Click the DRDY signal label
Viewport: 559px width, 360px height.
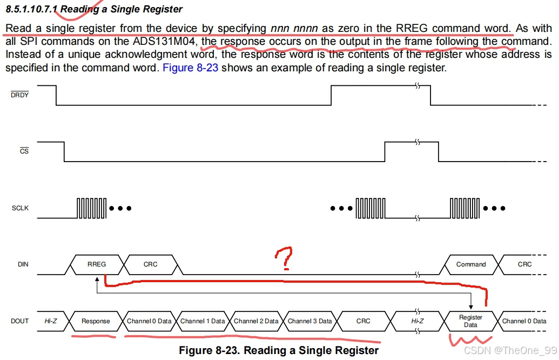(20, 95)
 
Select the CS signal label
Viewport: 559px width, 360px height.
(24, 151)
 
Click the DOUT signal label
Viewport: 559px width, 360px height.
(20, 321)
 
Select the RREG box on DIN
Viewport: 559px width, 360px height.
(97, 264)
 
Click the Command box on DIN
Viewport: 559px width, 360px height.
(471, 264)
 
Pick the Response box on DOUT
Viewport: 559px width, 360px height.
(96, 321)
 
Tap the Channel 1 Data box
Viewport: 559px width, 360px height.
(203, 321)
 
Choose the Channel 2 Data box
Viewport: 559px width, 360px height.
(256, 321)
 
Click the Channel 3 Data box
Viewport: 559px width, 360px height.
(309, 321)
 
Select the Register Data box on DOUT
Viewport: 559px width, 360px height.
(470, 321)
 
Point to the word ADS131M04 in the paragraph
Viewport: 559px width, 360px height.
(165, 42)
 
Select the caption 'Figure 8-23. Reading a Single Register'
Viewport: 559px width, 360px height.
(279, 350)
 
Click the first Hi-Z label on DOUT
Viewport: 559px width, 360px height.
(51, 321)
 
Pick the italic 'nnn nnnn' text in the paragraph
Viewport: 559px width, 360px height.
(294, 28)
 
